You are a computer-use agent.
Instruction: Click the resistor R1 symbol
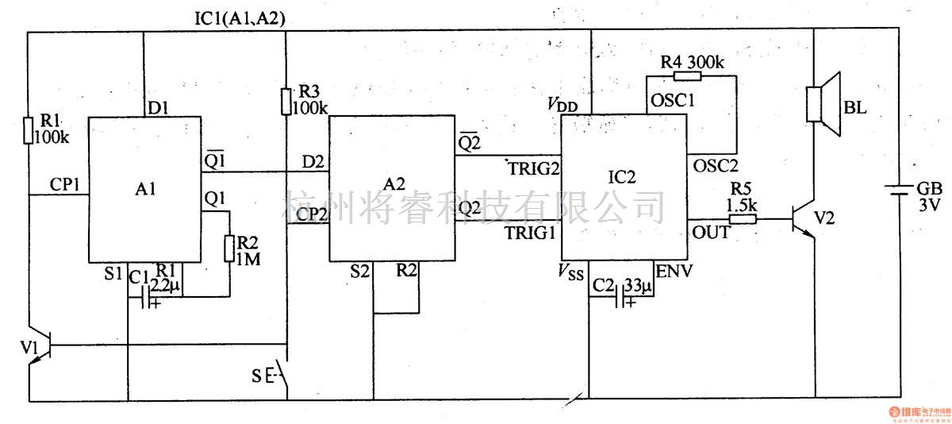29,129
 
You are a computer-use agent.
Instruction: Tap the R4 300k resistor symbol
686,76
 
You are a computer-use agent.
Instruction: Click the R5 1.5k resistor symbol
741,218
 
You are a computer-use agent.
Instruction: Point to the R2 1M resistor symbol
229,248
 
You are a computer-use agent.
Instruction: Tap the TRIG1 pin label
531,233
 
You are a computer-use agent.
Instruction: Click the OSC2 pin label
716,166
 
